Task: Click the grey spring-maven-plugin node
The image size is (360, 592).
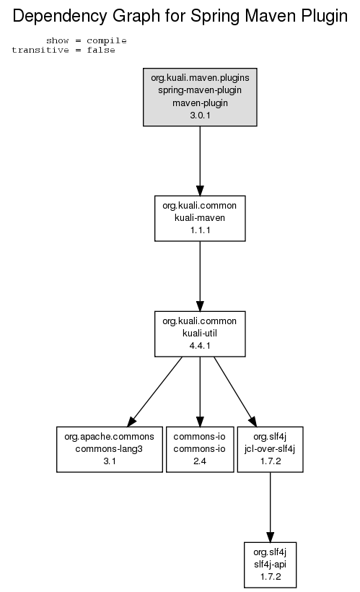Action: pyautogui.click(x=200, y=97)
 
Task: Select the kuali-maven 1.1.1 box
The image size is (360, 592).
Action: pyautogui.click(x=200, y=218)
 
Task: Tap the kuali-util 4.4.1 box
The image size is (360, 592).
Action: pyautogui.click(x=200, y=334)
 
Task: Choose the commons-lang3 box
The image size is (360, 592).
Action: pyautogui.click(x=110, y=449)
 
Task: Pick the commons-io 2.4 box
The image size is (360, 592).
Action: pyautogui.click(x=200, y=449)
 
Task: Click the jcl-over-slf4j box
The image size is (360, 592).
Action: pyautogui.click(x=271, y=449)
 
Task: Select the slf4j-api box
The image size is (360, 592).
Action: pyautogui.click(x=271, y=565)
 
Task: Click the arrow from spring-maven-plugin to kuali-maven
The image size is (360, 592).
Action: pyautogui.click(x=200, y=161)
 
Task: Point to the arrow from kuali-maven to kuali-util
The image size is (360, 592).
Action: pyautogui.click(x=200, y=276)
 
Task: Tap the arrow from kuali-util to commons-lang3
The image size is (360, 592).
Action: pyautogui.click(x=154, y=391)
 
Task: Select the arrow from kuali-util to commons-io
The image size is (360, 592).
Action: pyautogui.click(x=200, y=391)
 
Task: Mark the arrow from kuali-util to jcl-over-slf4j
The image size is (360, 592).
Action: pyautogui.click(x=235, y=391)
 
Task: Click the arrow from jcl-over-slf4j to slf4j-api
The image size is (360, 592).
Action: pyautogui.click(x=271, y=507)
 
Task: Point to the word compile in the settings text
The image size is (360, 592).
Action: pyautogui.click(x=107, y=40)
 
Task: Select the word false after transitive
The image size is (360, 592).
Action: pyautogui.click(x=101, y=51)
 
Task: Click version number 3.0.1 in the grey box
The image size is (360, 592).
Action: pyautogui.click(x=200, y=116)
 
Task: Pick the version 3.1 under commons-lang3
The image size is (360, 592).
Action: pyautogui.click(x=110, y=461)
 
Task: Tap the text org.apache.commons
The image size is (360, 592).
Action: pyautogui.click(x=110, y=437)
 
